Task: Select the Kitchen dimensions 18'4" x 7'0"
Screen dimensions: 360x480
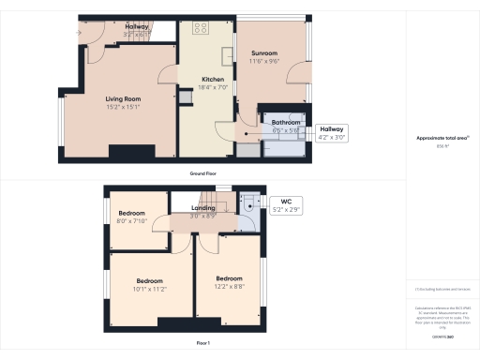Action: tap(213, 88)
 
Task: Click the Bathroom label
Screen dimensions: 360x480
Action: tap(285, 122)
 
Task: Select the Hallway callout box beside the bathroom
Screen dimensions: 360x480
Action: tap(332, 132)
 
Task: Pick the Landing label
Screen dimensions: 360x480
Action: tap(203, 207)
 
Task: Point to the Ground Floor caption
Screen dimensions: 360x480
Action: tap(204, 173)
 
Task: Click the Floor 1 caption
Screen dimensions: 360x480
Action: tap(203, 343)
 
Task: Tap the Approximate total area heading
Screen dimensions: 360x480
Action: tap(442, 138)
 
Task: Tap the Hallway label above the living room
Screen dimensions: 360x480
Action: tap(137, 27)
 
